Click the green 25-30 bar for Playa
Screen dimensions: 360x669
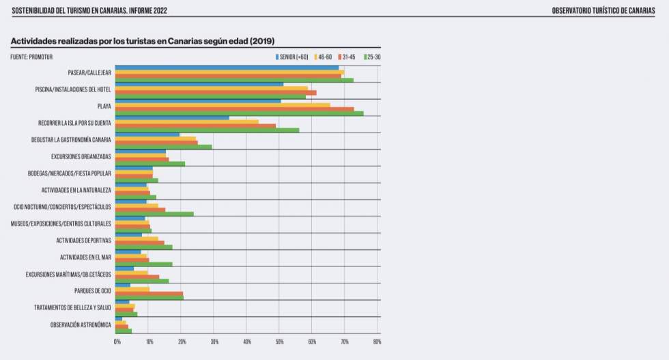239,113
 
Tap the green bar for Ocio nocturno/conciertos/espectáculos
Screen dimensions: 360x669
154,214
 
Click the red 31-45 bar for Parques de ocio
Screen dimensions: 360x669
149,293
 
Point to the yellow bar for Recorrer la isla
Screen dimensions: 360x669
186,122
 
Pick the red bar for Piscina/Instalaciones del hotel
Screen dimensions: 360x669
215,92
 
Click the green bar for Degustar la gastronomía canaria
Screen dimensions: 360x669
163,147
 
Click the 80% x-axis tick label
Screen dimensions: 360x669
377,342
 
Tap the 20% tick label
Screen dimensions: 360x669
182,342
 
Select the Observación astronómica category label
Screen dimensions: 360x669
81,324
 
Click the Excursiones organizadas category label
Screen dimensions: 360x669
81,156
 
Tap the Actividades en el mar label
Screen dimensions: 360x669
85,258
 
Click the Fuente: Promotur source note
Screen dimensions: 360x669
31,57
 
